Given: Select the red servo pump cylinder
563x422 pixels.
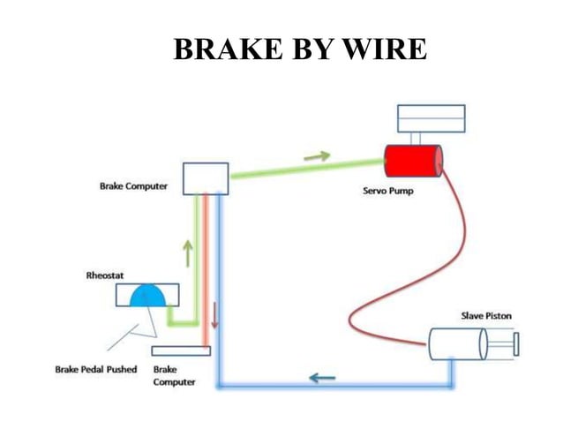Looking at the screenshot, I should (x=413, y=162).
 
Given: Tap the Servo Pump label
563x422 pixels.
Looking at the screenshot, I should (x=387, y=191).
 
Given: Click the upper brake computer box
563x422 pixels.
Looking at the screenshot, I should (x=206, y=178).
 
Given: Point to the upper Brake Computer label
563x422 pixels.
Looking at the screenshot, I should (x=133, y=186).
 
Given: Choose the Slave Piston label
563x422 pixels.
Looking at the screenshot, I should (x=485, y=315).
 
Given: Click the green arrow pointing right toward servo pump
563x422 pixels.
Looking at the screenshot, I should (x=316, y=156).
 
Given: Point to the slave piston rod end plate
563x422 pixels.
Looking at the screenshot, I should (x=515, y=343).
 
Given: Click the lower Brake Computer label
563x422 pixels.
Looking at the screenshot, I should (x=174, y=375).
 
